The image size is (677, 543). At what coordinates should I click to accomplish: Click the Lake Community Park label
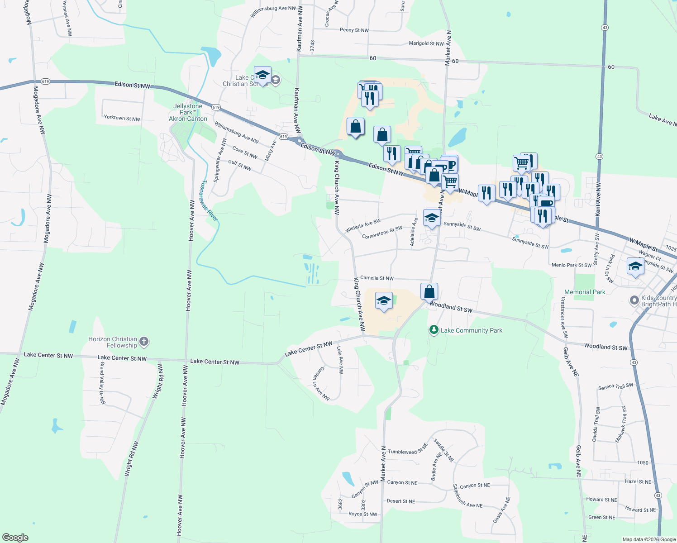click(471, 330)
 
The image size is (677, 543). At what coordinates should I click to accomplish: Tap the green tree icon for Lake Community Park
click(434, 330)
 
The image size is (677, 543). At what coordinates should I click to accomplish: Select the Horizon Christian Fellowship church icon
click(144, 342)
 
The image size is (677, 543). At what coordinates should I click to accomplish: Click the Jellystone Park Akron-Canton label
click(188, 112)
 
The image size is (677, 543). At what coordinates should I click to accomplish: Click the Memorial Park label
click(585, 292)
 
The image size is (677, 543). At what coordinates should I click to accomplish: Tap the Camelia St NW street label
click(377, 278)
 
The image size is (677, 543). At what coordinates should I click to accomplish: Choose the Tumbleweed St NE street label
click(407, 451)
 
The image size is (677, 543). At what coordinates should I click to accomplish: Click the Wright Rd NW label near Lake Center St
click(158, 381)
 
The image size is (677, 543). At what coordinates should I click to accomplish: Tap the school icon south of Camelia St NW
click(384, 301)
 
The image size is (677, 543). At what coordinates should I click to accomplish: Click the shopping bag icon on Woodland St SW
click(429, 291)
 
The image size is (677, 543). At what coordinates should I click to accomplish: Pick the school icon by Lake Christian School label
click(262, 75)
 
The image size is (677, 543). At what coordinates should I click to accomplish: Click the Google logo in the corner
click(15, 537)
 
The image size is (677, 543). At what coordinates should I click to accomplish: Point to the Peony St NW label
click(354, 30)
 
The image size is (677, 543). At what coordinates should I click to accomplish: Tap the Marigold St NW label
click(426, 43)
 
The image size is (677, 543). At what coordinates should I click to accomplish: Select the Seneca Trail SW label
click(615, 386)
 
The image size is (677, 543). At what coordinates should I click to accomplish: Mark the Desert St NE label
click(400, 501)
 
